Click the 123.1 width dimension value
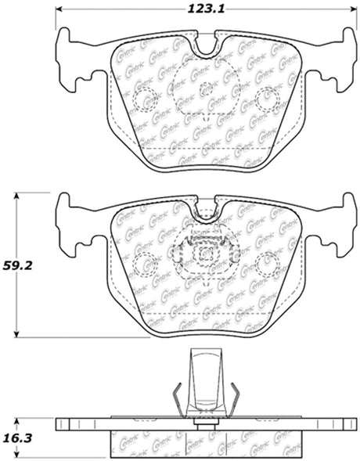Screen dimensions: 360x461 [x=206, y=9]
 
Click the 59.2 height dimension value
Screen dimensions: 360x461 [x=18, y=266]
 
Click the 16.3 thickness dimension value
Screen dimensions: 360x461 [x=17, y=438]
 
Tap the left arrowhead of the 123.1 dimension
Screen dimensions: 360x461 [x=59, y=9]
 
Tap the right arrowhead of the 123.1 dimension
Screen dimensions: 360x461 [x=354, y=9]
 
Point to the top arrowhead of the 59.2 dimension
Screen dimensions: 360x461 [x=17, y=196]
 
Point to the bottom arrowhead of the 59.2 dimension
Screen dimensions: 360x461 [x=17, y=334]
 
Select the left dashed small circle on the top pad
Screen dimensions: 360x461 [x=145, y=99]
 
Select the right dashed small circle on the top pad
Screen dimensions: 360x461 [x=267, y=99]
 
